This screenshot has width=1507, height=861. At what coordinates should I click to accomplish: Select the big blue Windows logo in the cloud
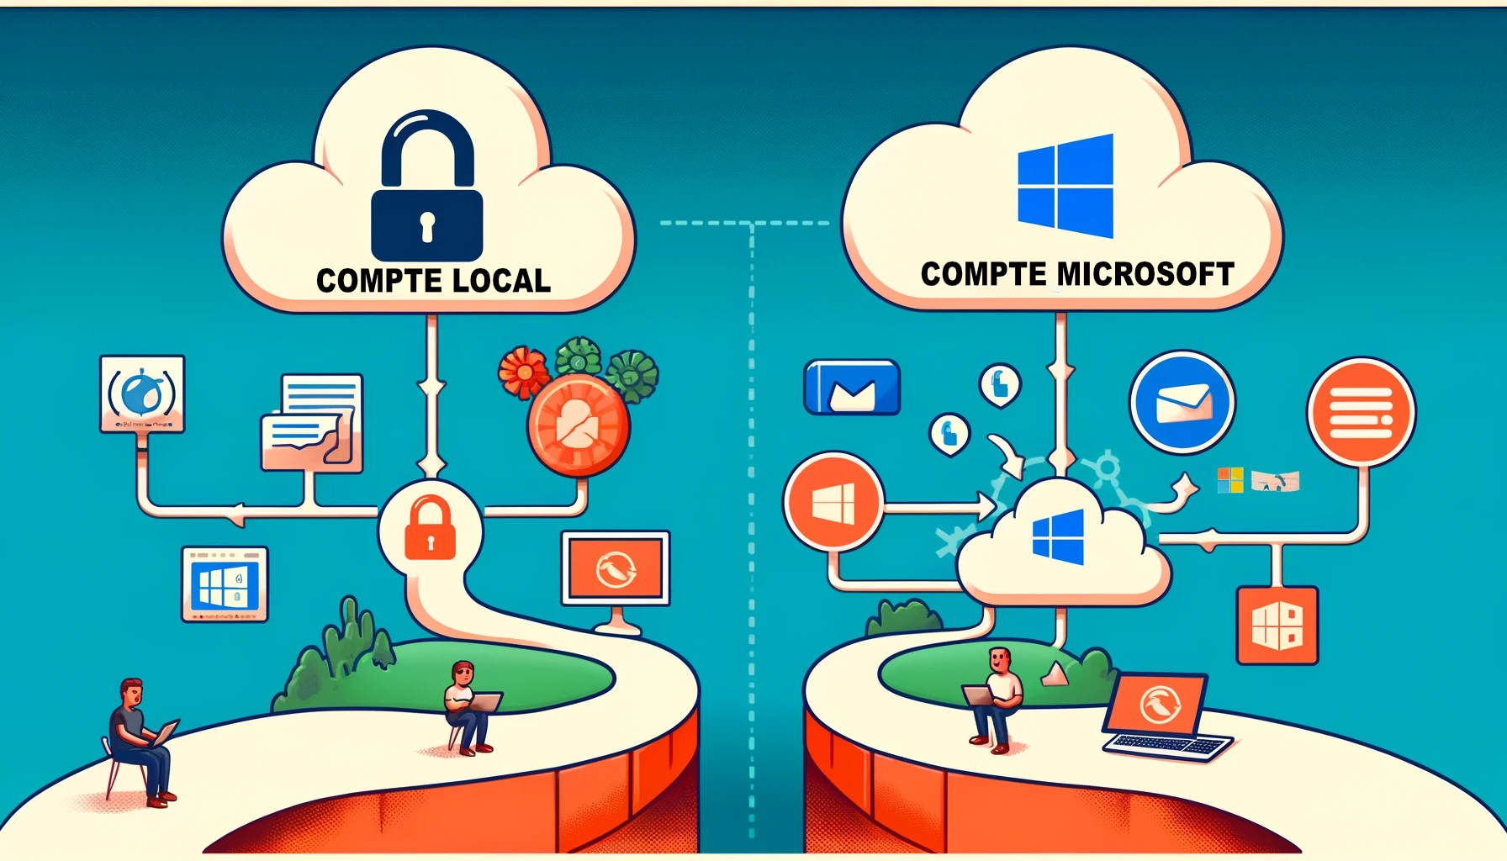pos(1065,186)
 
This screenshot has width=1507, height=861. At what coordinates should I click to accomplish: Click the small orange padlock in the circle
pos(430,528)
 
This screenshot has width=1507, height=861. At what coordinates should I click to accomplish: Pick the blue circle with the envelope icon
pos(1182,402)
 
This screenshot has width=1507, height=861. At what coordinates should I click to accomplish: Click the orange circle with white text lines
pos(1361,412)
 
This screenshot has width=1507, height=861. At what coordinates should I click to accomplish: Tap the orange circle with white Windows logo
pos(833,503)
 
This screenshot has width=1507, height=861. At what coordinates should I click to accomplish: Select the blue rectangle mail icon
pos(852,388)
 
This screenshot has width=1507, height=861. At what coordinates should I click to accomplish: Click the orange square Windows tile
pos(1277,626)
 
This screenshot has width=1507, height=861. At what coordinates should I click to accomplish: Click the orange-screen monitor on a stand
pos(616,572)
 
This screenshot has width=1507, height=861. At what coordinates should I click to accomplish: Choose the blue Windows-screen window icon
pos(225,584)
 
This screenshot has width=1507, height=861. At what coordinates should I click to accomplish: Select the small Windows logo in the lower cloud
pos(1058,536)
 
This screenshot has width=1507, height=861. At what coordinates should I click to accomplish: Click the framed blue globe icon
pos(142,394)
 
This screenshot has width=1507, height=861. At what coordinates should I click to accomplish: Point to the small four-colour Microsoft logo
pos(1229,480)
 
